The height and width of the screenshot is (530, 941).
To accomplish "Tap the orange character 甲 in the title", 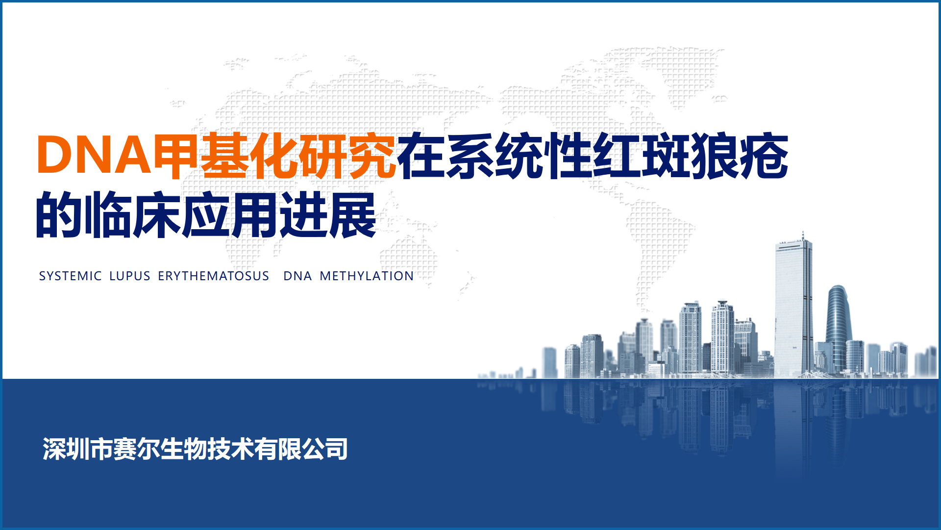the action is pos(176,155).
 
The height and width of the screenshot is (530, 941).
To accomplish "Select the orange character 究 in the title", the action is pos(371,155).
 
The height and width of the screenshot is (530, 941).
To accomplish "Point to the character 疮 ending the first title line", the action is pos(764,155).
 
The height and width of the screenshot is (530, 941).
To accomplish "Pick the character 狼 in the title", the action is pos(715,155).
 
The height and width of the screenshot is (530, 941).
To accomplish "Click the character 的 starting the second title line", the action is pos(59,214).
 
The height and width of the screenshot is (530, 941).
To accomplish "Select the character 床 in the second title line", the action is pos(157,214).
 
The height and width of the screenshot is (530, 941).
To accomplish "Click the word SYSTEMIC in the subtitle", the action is pos(70,276).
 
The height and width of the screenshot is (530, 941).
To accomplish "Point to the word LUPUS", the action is pos(130,276).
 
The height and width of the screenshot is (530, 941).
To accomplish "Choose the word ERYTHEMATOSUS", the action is pos(213,276).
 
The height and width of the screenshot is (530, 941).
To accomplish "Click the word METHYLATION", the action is pos(367,276).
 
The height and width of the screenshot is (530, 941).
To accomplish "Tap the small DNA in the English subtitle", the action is pos(297,276).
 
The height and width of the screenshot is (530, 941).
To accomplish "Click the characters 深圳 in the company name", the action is pos(66,449).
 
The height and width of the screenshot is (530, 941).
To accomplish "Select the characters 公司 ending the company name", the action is pos(324,449).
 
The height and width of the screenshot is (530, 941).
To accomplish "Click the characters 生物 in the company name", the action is pos(183,449).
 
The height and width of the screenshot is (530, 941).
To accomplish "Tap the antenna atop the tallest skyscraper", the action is pos(803,236).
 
